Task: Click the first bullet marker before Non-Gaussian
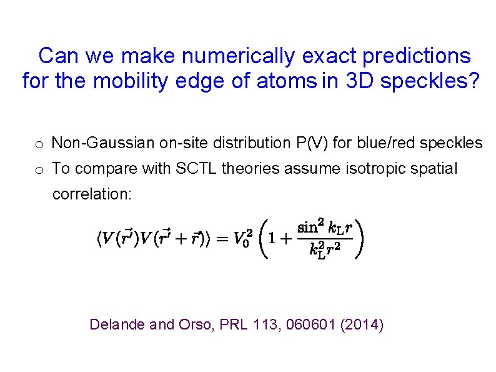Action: point(39,145)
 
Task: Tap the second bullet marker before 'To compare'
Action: point(39,170)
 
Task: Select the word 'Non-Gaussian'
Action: point(92,143)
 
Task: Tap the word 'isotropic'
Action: point(357,169)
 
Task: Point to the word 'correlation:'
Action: point(92,194)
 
